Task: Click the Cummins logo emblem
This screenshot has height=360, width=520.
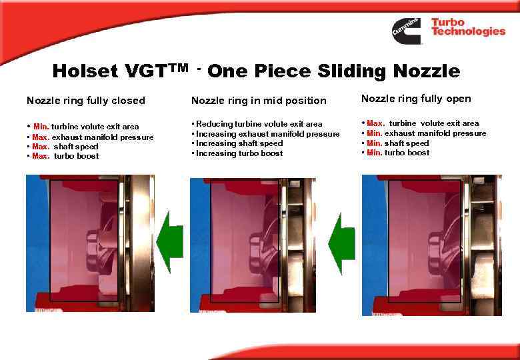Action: coord(406,31)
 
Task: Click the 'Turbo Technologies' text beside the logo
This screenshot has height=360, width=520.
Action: coord(468,27)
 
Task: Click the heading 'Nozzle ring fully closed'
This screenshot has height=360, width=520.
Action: coord(85,101)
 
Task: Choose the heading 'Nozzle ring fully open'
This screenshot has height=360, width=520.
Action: coord(416,99)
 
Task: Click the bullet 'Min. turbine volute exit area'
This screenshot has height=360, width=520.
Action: coord(86,127)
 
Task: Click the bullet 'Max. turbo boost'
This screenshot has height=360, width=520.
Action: coord(65,156)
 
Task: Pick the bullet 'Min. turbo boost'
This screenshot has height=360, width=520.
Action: coord(398,153)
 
